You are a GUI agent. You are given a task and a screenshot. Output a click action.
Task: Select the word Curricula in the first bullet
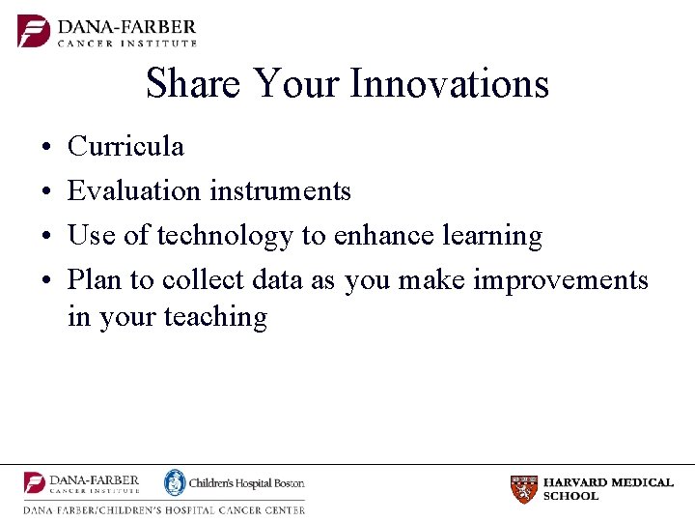click(125, 146)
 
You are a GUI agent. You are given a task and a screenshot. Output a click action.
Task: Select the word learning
click(492, 236)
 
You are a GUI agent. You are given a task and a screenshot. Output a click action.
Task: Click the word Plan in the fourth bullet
click(95, 280)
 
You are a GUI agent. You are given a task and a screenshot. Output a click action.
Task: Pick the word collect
click(203, 280)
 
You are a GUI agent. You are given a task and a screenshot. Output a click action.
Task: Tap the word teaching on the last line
click(215, 316)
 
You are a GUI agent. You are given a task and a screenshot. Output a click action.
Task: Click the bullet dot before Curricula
click(46, 148)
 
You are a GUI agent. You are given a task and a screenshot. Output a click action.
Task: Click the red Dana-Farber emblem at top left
click(33, 30)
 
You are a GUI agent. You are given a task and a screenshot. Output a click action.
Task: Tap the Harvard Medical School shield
click(523, 489)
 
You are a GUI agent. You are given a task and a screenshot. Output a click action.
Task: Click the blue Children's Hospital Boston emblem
click(175, 482)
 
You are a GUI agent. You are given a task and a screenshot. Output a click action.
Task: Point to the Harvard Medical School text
click(607, 489)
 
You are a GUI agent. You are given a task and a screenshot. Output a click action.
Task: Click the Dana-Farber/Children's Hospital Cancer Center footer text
click(164, 509)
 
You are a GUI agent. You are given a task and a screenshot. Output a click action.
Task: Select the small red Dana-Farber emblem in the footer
click(35, 483)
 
